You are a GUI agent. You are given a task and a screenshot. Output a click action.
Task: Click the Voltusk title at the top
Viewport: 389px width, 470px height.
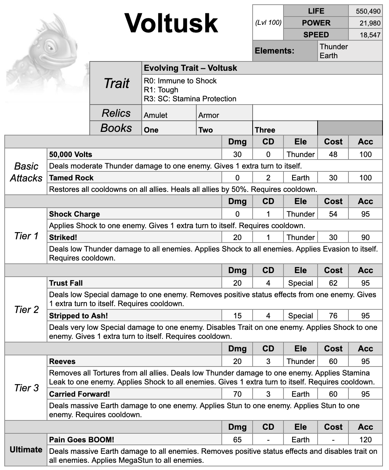171,23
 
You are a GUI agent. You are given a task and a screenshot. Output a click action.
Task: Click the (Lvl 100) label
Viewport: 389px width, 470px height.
268,23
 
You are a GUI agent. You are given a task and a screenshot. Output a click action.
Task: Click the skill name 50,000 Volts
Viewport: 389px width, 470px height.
71,155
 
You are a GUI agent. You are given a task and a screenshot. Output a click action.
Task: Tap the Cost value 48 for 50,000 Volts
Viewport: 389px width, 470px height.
333,155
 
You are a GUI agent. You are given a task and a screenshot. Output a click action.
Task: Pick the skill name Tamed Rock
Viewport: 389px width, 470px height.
71,178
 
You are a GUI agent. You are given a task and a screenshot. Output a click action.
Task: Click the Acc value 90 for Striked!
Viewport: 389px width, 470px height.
365,237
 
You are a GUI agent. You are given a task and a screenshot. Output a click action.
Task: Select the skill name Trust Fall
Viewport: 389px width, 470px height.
66,283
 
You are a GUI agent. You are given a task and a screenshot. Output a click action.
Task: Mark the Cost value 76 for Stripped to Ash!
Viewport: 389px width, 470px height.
333,315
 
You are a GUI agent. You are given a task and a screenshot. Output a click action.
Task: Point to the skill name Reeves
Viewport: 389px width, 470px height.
62,361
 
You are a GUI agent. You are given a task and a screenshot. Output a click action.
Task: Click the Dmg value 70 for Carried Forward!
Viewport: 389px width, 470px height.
237,394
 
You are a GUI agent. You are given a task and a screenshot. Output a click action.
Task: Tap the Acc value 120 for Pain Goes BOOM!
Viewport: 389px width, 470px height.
365,439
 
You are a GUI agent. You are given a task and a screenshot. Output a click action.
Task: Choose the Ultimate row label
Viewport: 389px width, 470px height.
26,450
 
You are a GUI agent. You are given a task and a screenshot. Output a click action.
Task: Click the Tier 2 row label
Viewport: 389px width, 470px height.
26,309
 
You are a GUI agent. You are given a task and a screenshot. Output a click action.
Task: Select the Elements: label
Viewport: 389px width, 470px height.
275,51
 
